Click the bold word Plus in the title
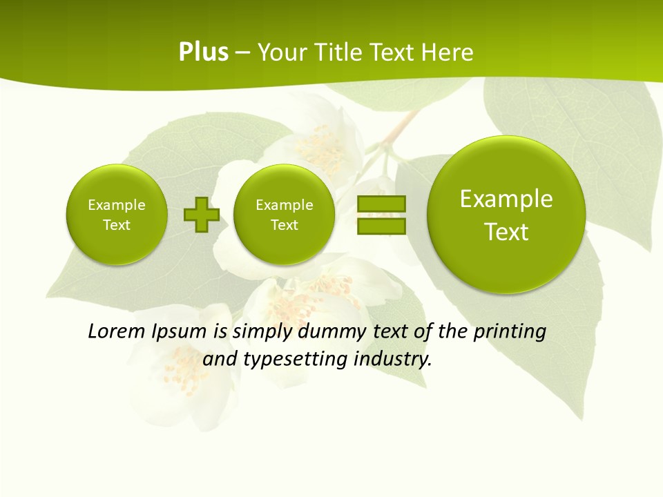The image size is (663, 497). [203, 52]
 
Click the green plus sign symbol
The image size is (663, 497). [202, 215]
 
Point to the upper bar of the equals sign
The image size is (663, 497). [381, 204]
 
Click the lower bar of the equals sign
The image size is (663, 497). [381, 226]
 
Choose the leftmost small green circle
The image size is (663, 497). [117, 215]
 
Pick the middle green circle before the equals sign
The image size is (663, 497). [284, 215]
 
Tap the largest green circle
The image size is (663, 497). [506, 215]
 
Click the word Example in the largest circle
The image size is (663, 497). [506, 199]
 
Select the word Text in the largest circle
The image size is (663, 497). [506, 232]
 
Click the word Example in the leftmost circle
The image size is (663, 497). [117, 205]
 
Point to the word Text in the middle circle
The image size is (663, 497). [284, 225]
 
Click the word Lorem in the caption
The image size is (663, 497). [116, 331]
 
